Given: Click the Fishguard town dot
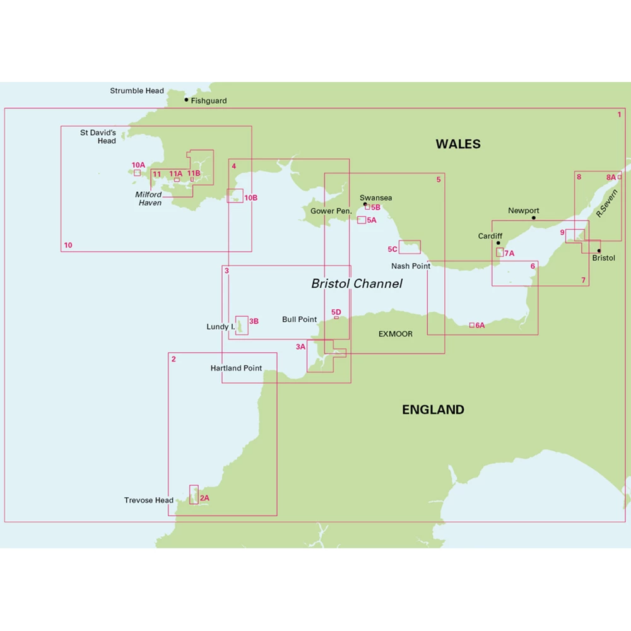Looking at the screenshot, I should pyautogui.click(x=187, y=100).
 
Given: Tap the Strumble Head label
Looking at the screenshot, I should pyautogui.click(x=137, y=91).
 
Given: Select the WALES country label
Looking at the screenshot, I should pyautogui.click(x=457, y=144).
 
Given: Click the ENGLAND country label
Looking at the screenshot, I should pyautogui.click(x=433, y=410).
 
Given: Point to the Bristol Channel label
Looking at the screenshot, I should pyautogui.click(x=357, y=284).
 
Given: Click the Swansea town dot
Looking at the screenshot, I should pyautogui.click(x=365, y=204).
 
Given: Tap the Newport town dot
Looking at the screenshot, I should pyautogui.click(x=533, y=218).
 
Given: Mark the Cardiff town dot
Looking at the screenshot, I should pyautogui.click(x=498, y=243).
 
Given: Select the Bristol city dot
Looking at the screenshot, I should pyautogui.click(x=599, y=251).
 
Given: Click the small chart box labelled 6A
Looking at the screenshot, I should pyautogui.click(x=471, y=325).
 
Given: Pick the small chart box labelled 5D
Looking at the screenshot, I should pyautogui.click(x=336, y=317).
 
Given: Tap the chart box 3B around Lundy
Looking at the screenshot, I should pyautogui.click(x=242, y=325).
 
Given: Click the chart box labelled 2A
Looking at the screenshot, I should pyautogui.click(x=194, y=494).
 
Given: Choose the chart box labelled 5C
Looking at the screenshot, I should pyautogui.click(x=410, y=247).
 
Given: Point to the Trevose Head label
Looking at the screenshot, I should pyautogui.click(x=149, y=500).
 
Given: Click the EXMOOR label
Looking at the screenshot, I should pyautogui.click(x=396, y=334).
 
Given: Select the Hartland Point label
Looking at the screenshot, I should pyautogui.click(x=236, y=368).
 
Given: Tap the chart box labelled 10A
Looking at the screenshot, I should pyautogui.click(x=137, y=172).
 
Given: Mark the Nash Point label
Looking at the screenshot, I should pyautogui.click(x=411, y=266).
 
